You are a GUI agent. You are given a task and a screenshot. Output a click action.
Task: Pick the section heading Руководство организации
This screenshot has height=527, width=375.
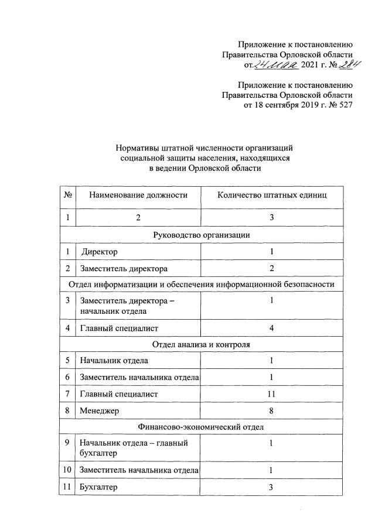pyautogui.click(x=202, y=235)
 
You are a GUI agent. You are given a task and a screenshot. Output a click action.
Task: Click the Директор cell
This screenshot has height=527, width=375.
pyautogui.click(x=100, y=252)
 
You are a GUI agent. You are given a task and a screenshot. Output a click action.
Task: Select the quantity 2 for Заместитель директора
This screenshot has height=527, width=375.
pyautogui.click(x=271, y=269)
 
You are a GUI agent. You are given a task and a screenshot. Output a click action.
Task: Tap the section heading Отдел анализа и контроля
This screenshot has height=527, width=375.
pyautogui.click(x=202, y=344)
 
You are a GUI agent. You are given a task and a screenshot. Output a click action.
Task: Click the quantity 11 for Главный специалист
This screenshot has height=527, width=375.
pyautogui.click(x=271, y=394)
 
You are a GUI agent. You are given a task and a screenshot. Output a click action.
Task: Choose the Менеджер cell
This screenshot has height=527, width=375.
pyautogui.click(x=100, y=411)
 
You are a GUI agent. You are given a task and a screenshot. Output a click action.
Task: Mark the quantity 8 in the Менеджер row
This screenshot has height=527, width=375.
pyautogui.click(x=271, y=411)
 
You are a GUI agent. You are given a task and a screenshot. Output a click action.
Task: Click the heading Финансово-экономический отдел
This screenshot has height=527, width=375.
pyautogui.click(x=202, y=427)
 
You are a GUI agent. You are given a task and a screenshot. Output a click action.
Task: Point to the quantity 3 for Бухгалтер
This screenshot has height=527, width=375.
pyautogui.click(x=271, y=487)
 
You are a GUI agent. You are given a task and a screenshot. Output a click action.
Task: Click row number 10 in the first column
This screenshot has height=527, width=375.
pyautogui.click(x=68, y=470)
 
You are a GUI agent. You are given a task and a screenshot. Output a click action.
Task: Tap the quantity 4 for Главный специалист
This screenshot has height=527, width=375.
pyautogui.click(x=271, y=328)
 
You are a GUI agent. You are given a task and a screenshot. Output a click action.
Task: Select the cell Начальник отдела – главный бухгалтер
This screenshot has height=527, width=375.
pyautogui.click(x=134, y=449)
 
